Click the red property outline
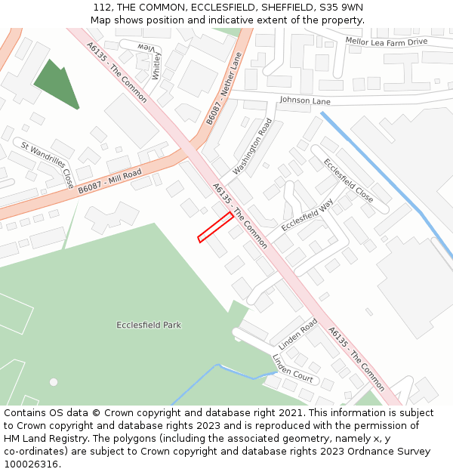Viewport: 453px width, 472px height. click(x=215, y=227)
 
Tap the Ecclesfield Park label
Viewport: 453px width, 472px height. click(x=149, y=325)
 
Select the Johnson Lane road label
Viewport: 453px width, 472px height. click(x=305, y=100)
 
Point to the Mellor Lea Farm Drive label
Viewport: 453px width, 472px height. click(x=386, y=42)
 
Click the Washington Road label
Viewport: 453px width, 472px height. click(x=252, y=147)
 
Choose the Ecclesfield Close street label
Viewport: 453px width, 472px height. click(x=348, y=180)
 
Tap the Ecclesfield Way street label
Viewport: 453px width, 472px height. click(x=307, y=215)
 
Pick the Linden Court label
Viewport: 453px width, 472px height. click(x=292, y=368)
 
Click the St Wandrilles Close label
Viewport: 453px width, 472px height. click(x=48, y=165)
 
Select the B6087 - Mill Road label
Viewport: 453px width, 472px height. click(x=109, y=181)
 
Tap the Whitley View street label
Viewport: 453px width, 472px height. click(x=152, y=60)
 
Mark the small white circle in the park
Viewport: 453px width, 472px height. click(x=54, y=382)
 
